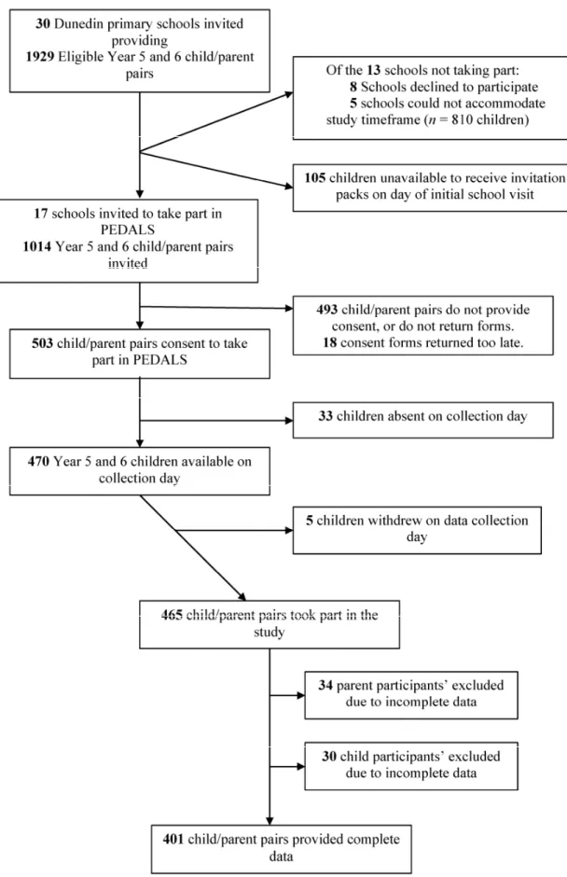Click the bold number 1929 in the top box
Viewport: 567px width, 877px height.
pos(40,57)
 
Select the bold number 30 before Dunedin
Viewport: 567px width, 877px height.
pos(43,24)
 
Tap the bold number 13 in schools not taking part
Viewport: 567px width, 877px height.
pos(374,71)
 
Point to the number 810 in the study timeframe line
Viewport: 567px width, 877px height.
pos(462,119)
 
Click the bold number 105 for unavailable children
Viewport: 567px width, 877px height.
pos(315,178)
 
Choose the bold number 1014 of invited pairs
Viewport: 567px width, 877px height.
pos(37,246)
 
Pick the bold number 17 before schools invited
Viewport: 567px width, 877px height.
pos(41,214)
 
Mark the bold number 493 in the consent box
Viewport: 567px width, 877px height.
pos(327,310)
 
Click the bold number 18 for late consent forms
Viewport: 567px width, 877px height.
pos(330,342)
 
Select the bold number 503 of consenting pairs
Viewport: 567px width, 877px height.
pos(43,343)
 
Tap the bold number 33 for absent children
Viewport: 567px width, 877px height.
pos(325,416)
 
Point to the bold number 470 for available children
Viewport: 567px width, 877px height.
pos(38,462)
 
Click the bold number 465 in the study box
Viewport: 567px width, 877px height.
pos(172,615)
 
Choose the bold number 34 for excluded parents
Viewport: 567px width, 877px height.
pos(325,685)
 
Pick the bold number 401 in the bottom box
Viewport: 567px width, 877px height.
pos(173,839)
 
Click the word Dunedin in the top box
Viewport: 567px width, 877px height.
pos(78,24)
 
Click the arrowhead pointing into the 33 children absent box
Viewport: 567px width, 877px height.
pos(289,420)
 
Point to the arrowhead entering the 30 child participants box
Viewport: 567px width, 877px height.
pos(301,766)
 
